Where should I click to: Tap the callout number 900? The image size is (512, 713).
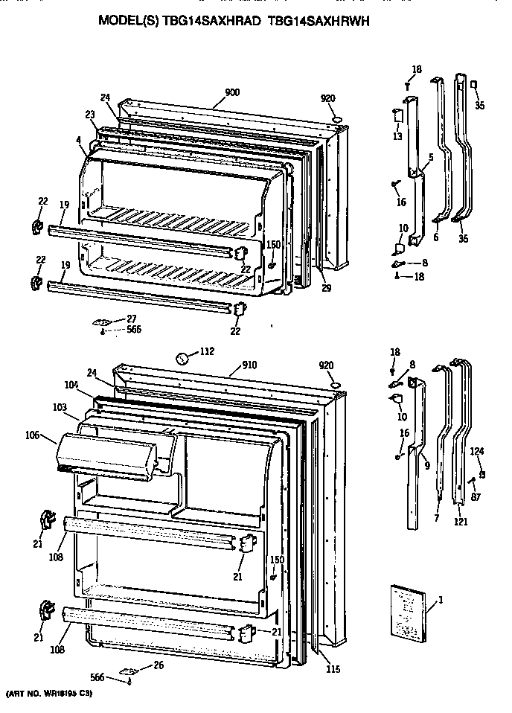[231, 93]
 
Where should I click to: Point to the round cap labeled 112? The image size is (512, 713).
[182, 359]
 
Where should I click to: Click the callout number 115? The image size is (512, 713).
[333, 669]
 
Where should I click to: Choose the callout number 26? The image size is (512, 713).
[157, 665]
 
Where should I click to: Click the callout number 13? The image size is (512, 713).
[397, 136]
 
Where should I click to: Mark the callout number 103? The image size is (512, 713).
[60, 407]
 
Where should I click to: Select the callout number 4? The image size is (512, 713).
[77, 139]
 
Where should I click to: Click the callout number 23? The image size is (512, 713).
[90, 114]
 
